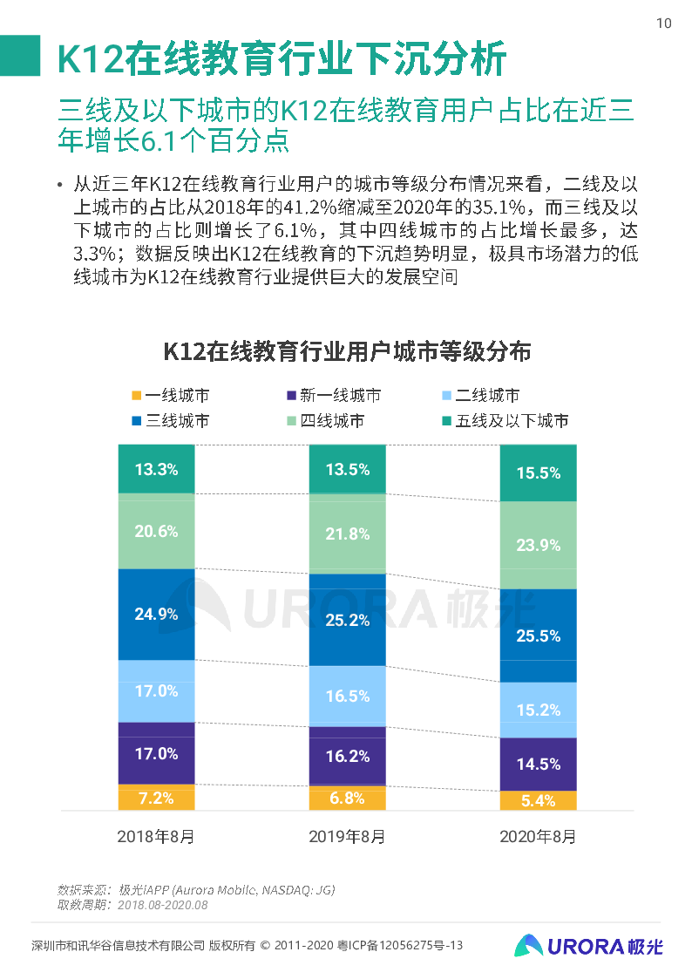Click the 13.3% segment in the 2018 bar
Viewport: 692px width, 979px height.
point(156,469)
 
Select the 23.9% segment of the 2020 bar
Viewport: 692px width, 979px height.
point(538,545)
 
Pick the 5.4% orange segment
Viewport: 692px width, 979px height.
point(538,801)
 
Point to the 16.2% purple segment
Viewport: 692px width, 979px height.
point(347,756)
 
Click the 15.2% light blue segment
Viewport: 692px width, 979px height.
point(538,710)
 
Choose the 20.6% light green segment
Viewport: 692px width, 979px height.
point(156,531)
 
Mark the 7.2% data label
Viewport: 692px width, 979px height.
point(156,798)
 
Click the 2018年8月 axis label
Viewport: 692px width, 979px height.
point(156,837)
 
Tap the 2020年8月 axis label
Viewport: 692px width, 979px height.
point(538,837)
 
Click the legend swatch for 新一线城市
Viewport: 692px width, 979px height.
point(291,396)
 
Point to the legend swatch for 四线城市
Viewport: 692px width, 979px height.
point(291,421)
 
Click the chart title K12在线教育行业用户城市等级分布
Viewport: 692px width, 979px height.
point(347,352)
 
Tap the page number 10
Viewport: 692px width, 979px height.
point(663,24)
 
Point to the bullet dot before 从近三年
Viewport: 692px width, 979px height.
point(59,185)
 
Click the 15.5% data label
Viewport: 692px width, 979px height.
point(538,473)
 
